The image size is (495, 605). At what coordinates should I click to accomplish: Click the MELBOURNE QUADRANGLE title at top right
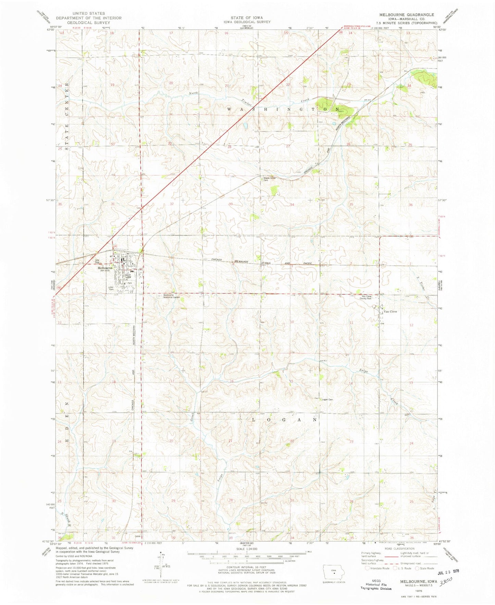(407, 15)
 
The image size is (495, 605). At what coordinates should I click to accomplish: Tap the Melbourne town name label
(104, 268)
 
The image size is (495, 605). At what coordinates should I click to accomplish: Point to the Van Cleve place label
(390, 312)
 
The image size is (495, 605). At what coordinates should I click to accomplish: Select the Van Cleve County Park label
(365, 298)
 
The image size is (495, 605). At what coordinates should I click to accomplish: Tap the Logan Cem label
(327, 400)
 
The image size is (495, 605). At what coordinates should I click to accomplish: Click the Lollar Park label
(111, 289)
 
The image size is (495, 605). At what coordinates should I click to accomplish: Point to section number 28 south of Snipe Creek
(231, 500)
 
